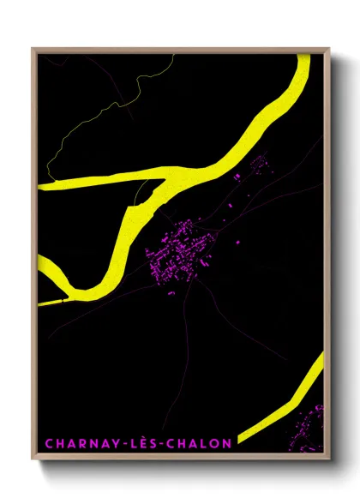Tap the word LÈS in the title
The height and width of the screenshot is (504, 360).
(138, 444)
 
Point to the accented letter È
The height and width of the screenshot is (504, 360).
(138, 443)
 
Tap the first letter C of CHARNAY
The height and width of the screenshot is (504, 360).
(48, 444)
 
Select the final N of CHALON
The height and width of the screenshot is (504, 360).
(227, 444)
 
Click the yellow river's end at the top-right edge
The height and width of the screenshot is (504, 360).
(303, 60)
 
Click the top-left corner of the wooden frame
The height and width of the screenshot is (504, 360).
(33, 49)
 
